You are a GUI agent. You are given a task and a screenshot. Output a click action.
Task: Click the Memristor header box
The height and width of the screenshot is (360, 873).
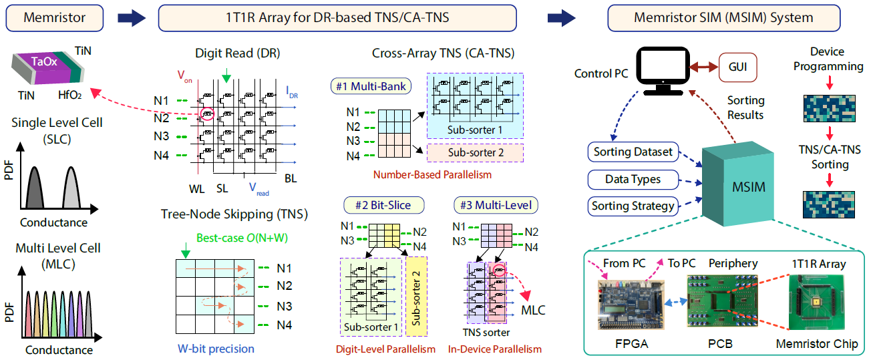tap(55, 17)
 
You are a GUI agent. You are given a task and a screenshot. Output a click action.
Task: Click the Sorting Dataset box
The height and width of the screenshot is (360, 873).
tap(633, 152)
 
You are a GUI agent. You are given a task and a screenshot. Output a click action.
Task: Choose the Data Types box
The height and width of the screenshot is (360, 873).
tap(633, 179)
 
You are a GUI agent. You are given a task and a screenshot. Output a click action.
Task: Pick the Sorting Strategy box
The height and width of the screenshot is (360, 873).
tap(633, 206)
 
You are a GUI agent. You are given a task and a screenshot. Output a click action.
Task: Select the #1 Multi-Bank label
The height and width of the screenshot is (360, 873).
tap(368, 86)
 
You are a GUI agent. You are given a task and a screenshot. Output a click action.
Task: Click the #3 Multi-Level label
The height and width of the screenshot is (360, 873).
tap(486, 205)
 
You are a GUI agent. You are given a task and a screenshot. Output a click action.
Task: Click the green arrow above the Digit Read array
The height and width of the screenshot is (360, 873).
tap(226, 78)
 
